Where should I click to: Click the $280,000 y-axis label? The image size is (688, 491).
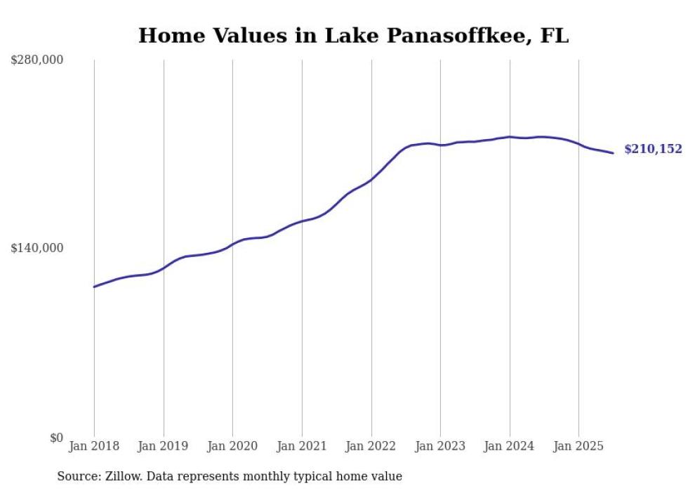pos(37,60)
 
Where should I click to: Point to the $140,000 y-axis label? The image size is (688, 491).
pos(37,248)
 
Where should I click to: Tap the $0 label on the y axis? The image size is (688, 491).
pos(56,438)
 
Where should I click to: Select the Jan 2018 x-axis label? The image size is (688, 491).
pos(94,446)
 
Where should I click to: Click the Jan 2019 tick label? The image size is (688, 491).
pos(164,446)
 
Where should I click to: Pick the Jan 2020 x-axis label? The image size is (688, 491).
pos(232,446)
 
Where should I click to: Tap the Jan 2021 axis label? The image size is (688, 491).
pos(302,446)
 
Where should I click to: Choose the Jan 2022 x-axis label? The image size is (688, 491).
pos(371,446)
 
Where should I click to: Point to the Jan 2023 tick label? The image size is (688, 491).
pos(440,446)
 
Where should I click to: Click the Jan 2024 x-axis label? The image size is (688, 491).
pos(510,446)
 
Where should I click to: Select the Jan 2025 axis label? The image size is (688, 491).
pos(578,446)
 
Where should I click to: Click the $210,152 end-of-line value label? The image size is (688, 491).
pos(653,149)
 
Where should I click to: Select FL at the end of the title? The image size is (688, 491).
pos(555,36)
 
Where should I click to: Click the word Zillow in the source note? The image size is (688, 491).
pos(121,476)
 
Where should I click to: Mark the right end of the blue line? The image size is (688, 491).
pos(613,153)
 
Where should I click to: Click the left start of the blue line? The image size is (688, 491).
pos(94,287)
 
